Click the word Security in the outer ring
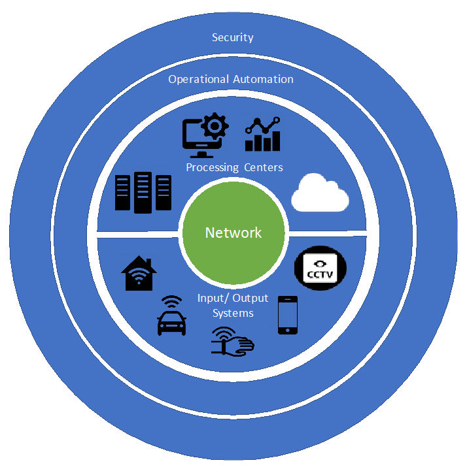click(232, 37)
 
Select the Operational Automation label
click(231, 80)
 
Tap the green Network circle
click(233, 233)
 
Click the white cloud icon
click(319, 193)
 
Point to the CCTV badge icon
click(320, 268)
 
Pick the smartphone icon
click(288, 315)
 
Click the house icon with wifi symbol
click(139, 274)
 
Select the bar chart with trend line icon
click(262, 134)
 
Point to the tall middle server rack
click(143, 192)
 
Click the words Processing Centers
click(234, 168)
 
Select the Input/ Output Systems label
click(233, 305)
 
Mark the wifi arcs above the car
click(172, 302)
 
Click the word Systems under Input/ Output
click(233, 313)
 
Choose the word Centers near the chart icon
click(264, 168)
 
